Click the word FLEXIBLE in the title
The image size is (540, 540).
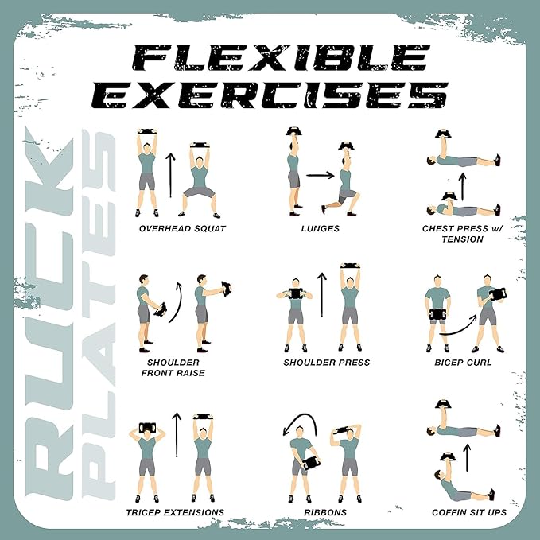pos(282,57)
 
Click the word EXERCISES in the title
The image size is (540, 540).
pos(270,95)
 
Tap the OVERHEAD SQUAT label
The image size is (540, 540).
pos(183,229)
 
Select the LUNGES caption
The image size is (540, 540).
pos(321,229)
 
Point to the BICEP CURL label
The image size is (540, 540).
pos(463,363)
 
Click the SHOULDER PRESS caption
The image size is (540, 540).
pos(327,363)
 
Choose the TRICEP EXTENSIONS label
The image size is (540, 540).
pos(175,512)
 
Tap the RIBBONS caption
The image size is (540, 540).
pos(325,512)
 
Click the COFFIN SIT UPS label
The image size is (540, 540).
pos(469,512)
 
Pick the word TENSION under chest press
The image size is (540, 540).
pos(463,239)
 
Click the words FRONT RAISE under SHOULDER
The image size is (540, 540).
pos(173,373)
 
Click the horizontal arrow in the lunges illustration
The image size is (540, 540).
pos(321,175)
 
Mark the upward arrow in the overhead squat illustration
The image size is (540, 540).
pos(170,175)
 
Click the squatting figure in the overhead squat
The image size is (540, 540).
pos(200,180)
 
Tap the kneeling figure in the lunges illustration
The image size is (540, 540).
pos(342,179)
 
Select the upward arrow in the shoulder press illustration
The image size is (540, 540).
pos(322,295)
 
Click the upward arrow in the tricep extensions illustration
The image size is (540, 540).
pos(177,434)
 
